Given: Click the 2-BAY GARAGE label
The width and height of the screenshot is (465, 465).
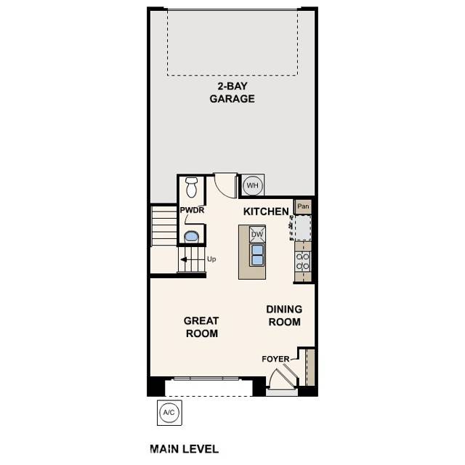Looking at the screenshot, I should [232, 92].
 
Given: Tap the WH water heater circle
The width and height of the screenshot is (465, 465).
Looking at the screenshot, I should [252, 185].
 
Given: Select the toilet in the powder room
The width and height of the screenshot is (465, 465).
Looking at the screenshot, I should [192, 187].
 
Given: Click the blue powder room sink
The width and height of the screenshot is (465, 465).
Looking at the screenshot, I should [192, 235].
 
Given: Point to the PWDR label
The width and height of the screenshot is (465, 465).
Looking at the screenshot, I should [193, 211].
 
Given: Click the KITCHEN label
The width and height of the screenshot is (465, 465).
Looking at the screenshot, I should [266, 211].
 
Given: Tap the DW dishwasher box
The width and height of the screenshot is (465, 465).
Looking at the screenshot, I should [257, 234].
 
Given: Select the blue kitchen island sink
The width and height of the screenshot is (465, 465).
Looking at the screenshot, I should [257, 254].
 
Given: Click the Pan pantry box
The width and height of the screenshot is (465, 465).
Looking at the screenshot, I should [303, 206].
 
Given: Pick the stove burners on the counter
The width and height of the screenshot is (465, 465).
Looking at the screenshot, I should [302, 262].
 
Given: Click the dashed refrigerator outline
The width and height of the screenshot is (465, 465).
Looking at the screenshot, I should [302, 228].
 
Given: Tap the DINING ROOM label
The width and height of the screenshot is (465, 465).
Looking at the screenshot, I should [285, 315].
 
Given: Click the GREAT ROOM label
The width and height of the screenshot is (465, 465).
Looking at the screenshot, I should [201, 327].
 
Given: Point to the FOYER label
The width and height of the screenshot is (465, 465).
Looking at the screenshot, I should [275, 359].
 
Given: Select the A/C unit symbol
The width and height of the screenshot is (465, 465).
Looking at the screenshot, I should [169, 413].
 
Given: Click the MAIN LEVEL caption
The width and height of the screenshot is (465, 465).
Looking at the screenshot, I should [184, 449].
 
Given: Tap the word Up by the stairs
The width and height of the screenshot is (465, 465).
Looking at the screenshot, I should [211, 259].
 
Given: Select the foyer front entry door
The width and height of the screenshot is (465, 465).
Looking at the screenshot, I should [281, 379].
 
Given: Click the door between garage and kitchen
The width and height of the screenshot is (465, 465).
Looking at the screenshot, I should [225, 185].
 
